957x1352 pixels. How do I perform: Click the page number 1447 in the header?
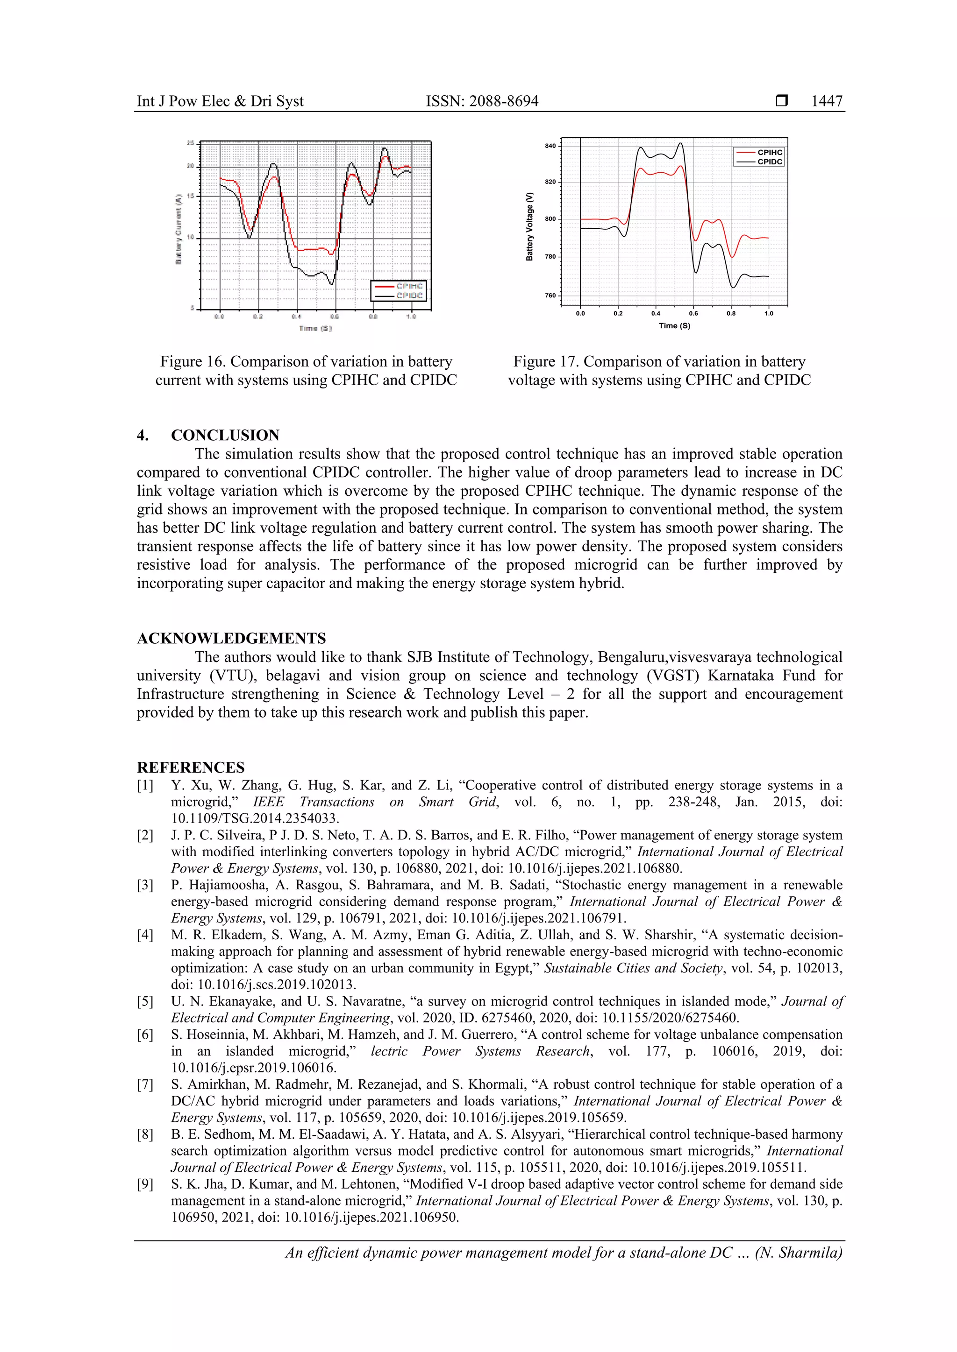[826, 101]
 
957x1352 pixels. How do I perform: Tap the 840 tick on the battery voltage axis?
[550, 146]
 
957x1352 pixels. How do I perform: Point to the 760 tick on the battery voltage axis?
[550, 296]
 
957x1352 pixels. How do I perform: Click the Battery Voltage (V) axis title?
[530, 226]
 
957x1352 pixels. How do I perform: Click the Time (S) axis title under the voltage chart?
[674, 326]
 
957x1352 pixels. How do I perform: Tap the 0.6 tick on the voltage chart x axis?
[693, 314]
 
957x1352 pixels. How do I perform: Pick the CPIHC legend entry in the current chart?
[409, 286]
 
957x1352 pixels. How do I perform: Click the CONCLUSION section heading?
[225, 435]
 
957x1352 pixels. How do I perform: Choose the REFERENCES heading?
[190, 768]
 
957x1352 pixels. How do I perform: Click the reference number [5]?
[145, 1001]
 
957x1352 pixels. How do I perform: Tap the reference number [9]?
[145, 1184]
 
